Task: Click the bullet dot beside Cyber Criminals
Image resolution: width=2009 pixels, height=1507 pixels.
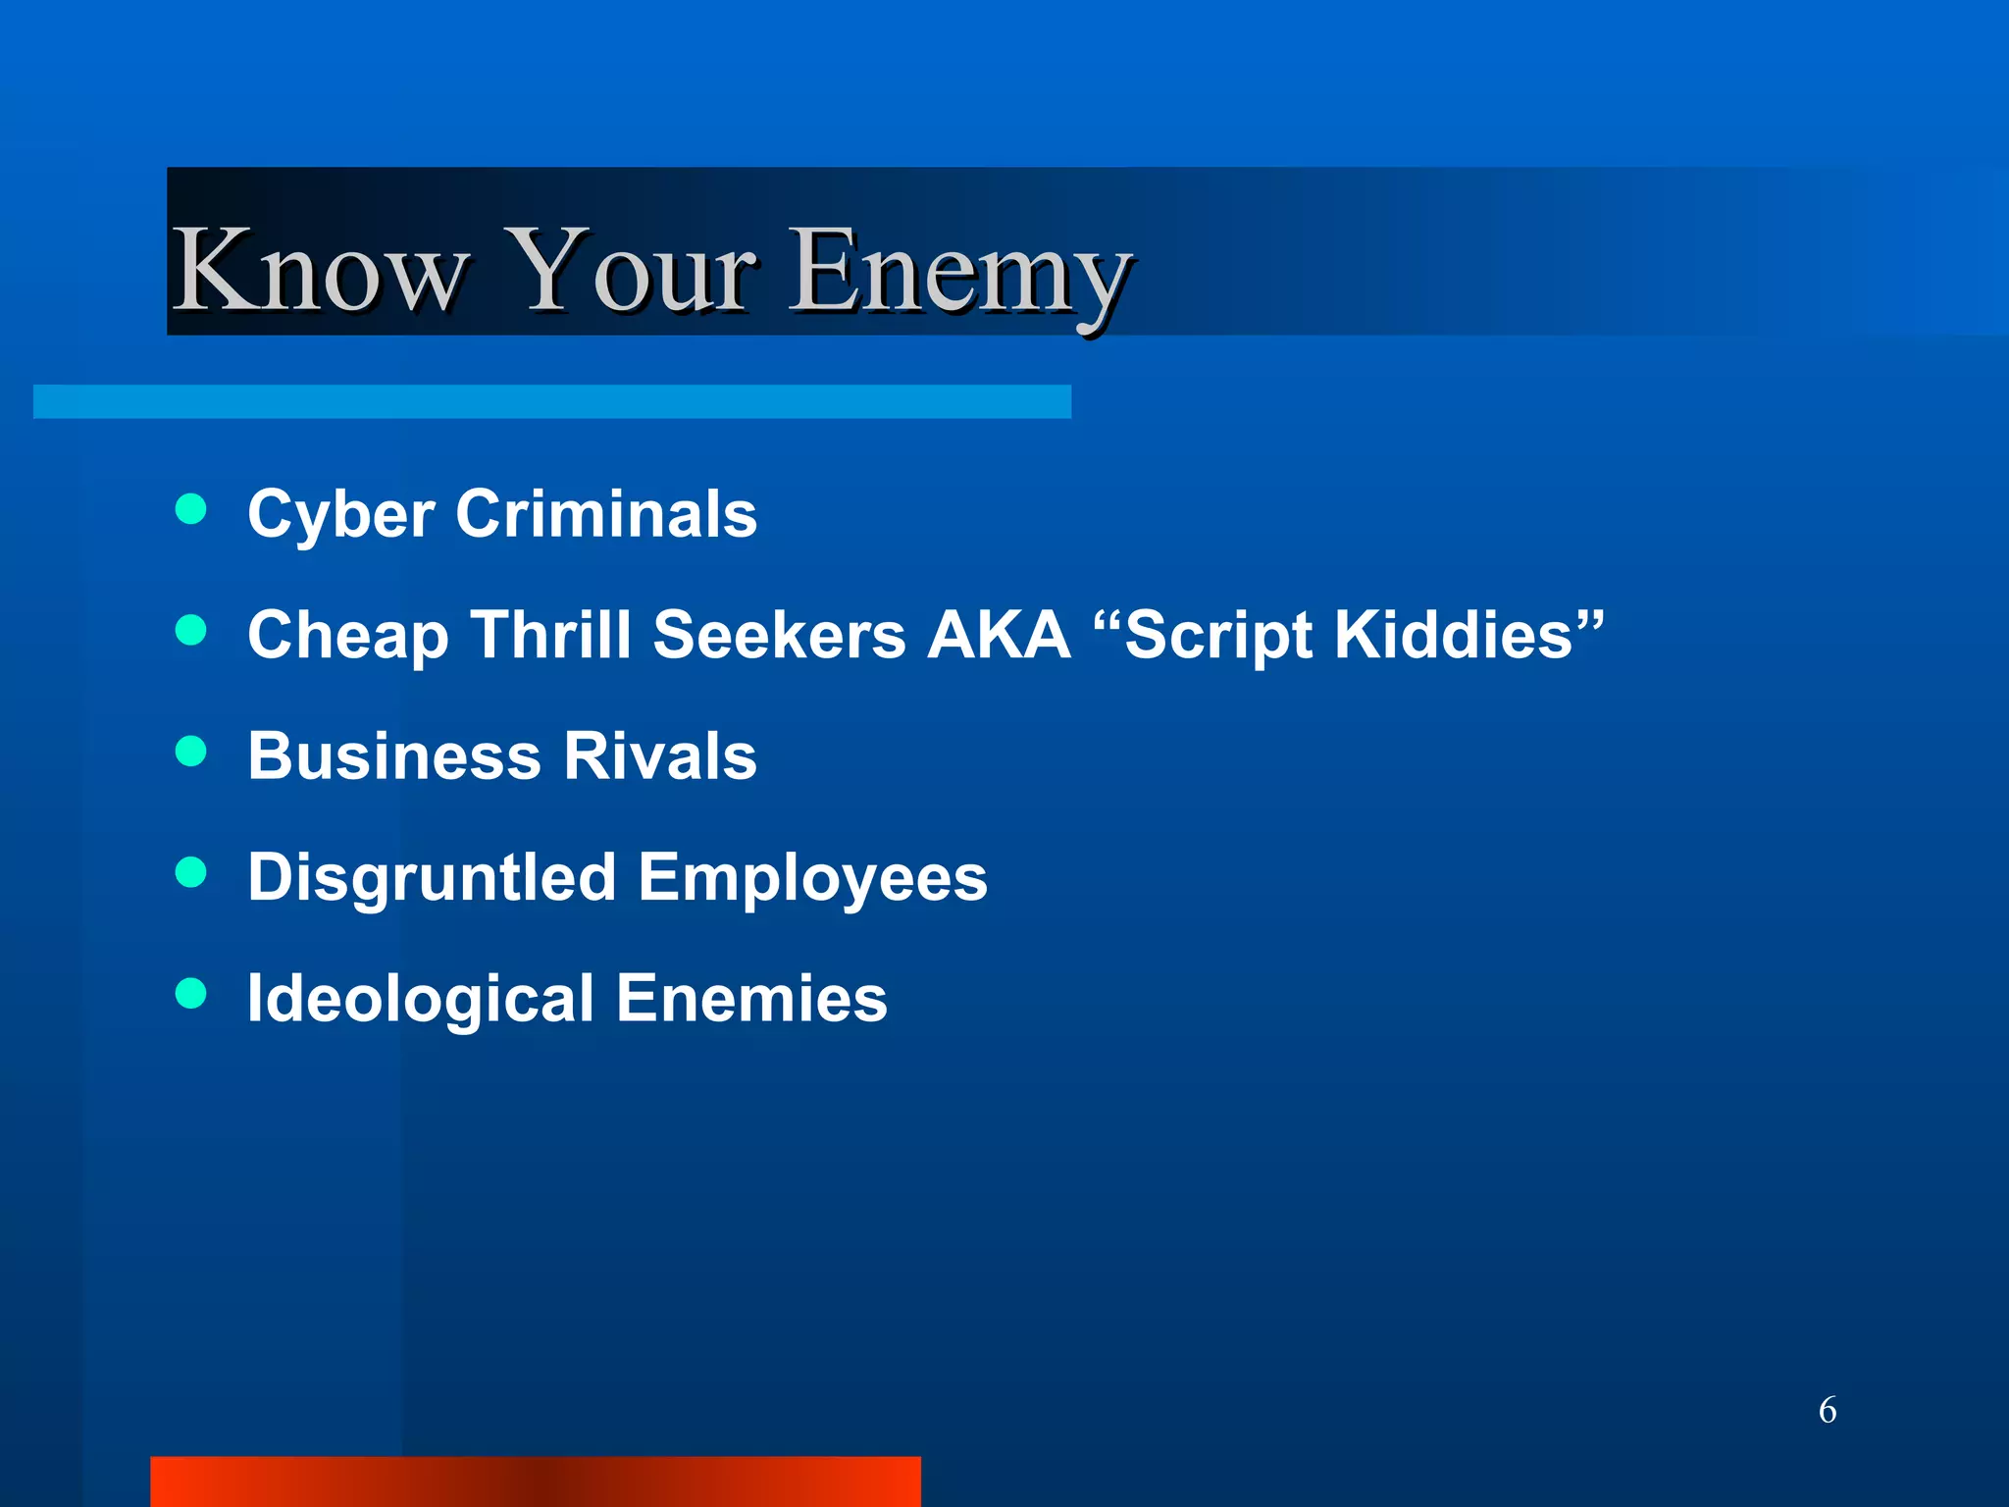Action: pyautogui.click(x=191, y=509)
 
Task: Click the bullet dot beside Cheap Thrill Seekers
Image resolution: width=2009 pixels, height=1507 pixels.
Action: pyautogui.click(x=191, y=630)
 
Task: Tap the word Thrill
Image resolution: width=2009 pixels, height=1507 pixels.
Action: pyautogui.click(x=550, y=635)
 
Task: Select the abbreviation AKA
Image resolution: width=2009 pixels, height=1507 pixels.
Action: pyautogui.click(x=999, y=635)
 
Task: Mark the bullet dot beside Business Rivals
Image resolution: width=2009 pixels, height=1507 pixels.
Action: pyautogui.click(x=191, y=752)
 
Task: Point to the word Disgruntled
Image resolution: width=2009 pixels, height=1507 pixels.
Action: pyautogui.click(x=432, y=877)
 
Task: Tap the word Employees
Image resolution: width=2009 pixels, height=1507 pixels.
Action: pyautogui.click(x=812, y=877)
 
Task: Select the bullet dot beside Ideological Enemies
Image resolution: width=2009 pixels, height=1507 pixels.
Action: pyautogui.click(x=191, y=993)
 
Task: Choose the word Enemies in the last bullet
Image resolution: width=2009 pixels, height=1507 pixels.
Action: pyautogui.click(x=751, y=999)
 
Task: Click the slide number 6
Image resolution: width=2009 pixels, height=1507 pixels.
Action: pyautogui.click(x=1828, y=1410)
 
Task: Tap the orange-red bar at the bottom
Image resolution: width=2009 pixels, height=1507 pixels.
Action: pyautogui.click(x=536, y=1481)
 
